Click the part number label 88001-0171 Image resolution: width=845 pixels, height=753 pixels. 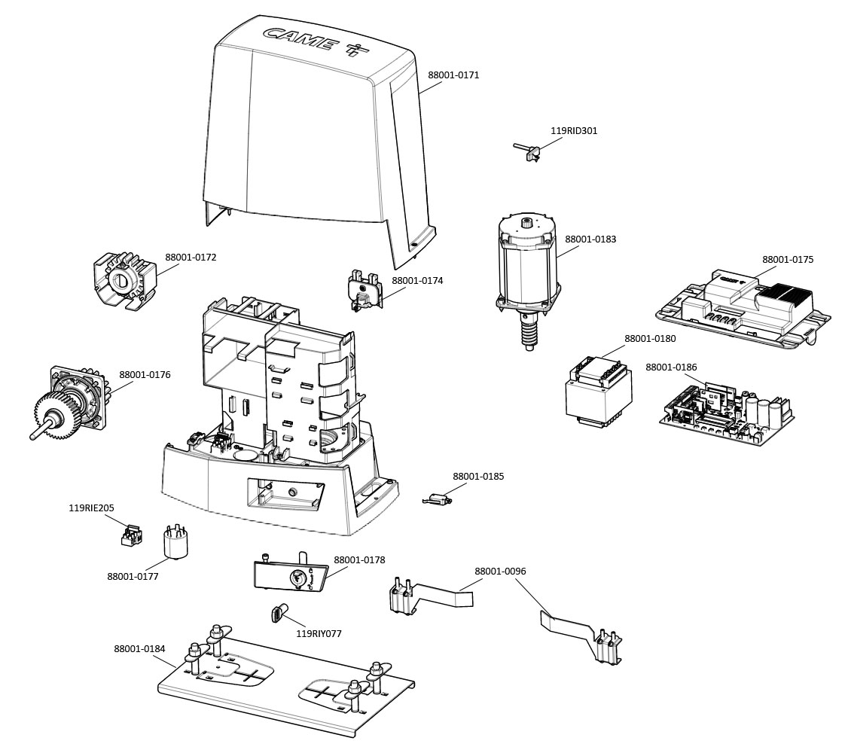coord(453,75)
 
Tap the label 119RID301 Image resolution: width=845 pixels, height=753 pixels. coord(574,130)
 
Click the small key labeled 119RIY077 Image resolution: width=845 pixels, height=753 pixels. coord(276,614)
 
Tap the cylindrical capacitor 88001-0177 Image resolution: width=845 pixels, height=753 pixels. coord(175,542)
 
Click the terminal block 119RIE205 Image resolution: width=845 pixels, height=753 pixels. coord(131,535)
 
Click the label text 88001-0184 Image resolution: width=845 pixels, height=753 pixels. coord(140,648)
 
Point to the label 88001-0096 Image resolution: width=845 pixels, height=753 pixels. coord(500,571)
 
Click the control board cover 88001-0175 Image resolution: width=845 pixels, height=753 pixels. coord(742,312)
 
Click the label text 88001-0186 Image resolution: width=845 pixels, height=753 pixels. coord(671,367)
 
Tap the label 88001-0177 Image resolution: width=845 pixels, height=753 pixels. coord(133,576)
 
